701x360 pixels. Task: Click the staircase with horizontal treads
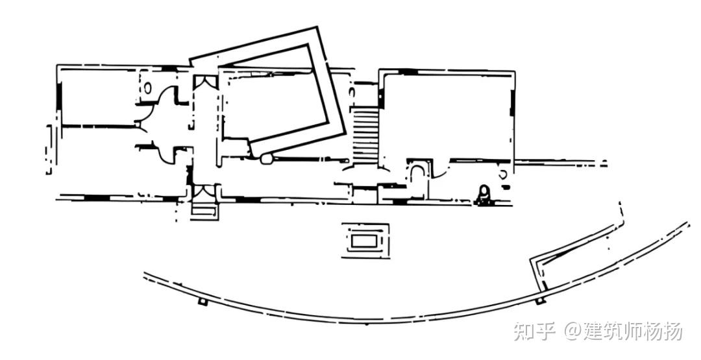(364, 134)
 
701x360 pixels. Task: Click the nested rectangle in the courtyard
(367, 241)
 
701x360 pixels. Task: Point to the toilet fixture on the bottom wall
(483, 193)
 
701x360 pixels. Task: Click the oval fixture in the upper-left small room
(147, 86)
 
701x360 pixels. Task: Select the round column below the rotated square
(265, 158)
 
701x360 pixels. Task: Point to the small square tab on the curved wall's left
(203, 302)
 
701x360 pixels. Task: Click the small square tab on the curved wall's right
(539, 300)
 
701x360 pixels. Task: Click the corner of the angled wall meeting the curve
(534, 262)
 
